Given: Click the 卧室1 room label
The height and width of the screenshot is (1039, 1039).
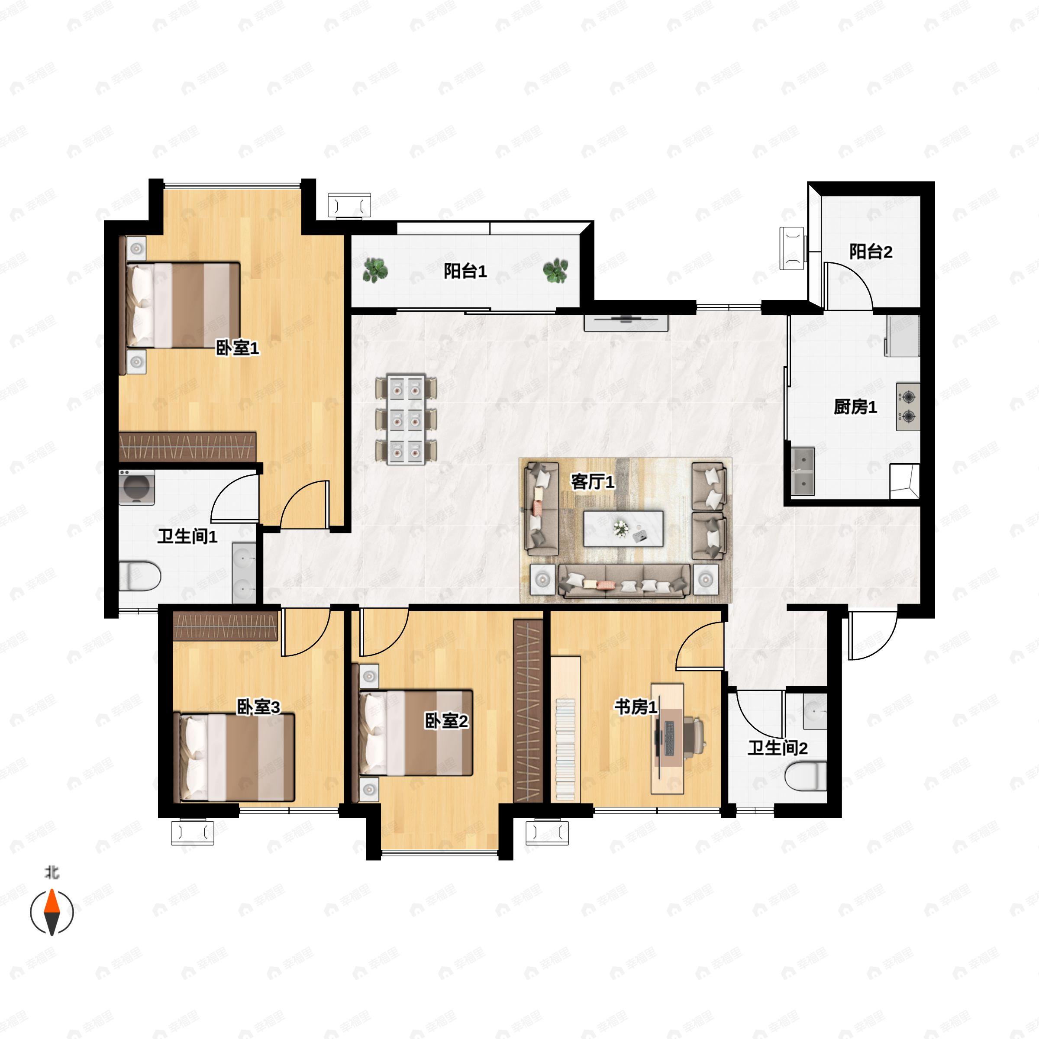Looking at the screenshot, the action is click(x=237, y=348).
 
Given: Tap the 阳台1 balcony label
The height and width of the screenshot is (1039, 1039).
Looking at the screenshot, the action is click(x=465, y=271).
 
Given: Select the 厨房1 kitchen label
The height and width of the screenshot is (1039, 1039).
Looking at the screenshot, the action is click(x=855, y=407).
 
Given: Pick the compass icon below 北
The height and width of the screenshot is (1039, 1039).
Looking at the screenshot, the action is click(x=52, y=913).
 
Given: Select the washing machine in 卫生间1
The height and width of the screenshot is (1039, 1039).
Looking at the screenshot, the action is click(x=137, y=487).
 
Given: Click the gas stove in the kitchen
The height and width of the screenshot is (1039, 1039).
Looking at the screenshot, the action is click(x=908, y=406).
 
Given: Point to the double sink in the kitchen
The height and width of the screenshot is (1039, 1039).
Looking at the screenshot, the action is click(x=802, y=471).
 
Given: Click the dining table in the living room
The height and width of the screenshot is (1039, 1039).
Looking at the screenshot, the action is click(x=406, y=419).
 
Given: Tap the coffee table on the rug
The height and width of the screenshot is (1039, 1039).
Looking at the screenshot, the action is click(x=623, y=529).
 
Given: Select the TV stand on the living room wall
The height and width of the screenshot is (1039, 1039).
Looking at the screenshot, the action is click(x=626, y=322).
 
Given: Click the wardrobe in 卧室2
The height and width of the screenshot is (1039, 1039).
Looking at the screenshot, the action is click(x=528, y=711).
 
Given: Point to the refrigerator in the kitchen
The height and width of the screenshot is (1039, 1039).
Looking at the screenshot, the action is click(x=902, y=336).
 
